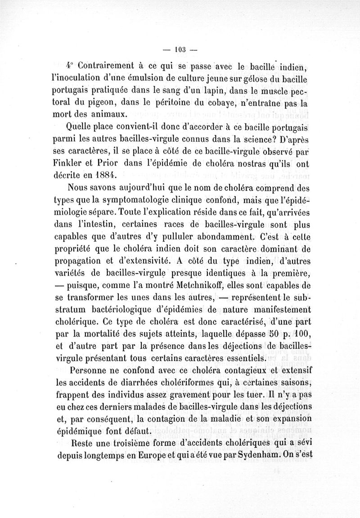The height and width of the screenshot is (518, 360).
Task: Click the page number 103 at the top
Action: [x=180, y=49]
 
